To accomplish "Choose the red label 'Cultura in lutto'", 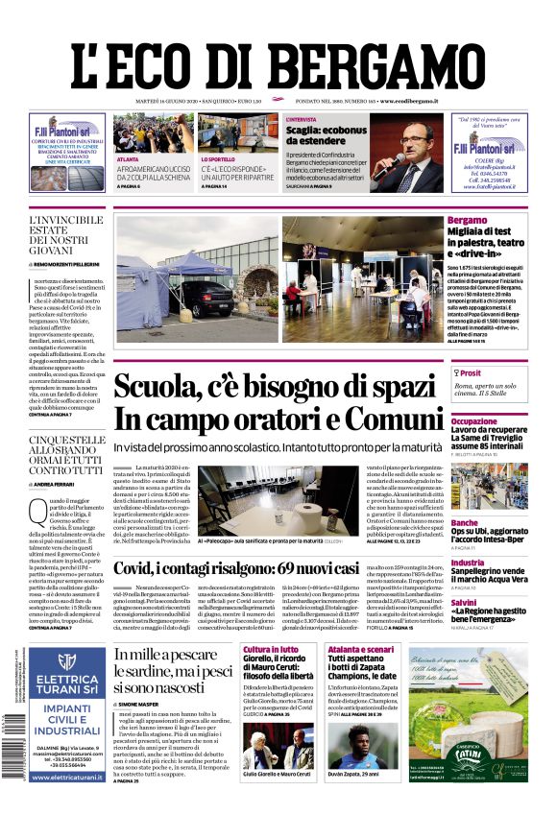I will pyautogui.click(x=271, y=650).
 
